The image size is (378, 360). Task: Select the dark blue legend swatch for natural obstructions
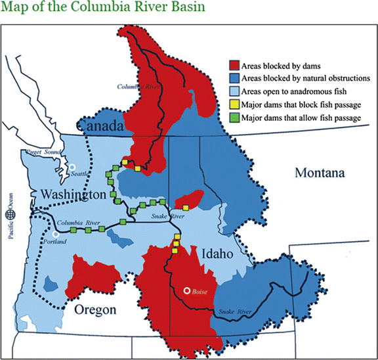coord(233,78)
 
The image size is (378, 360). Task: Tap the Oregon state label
coord(95,309)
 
